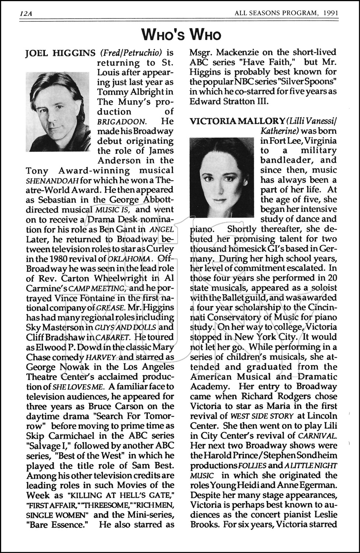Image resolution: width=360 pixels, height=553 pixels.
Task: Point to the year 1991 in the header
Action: click(x=330, y=14)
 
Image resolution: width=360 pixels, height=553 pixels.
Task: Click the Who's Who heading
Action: click(x=181, y=35)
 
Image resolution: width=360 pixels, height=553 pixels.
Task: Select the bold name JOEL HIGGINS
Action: click(x=60, y=53)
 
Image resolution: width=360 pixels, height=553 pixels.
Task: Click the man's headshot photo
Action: click(x=58, y=112)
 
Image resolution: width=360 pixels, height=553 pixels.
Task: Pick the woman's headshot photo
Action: click(x=221, y=177)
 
